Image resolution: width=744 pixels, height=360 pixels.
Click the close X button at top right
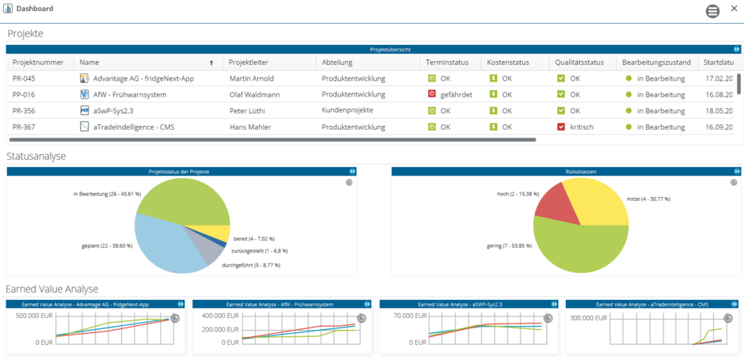coord(734,9)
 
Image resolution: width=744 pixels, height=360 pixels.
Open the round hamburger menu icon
coord(712,11)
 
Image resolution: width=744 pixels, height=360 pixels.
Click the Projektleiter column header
coord(247,63)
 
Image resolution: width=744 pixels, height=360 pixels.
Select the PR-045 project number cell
coord(24,79)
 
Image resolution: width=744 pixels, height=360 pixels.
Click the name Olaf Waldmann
coord(256,95)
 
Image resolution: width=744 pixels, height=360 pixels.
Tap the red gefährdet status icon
coord(431,94)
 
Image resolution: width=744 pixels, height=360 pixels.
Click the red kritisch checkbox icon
coord(560,127)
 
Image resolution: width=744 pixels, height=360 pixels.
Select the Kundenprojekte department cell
coord(347,111)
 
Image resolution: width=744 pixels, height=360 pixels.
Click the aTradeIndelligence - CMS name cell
coord(134,127)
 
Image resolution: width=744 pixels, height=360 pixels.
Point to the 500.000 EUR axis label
coord(32,316)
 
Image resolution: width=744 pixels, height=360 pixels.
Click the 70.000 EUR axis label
coord(408,316)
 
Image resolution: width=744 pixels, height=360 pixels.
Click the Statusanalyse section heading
coord(36,157)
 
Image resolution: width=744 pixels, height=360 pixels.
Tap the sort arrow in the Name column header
coord(211,63)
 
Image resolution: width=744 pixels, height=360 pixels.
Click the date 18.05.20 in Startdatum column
coord(718,111)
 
